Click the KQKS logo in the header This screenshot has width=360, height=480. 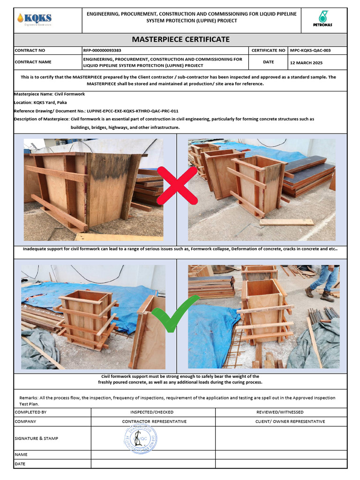tap(34, 19)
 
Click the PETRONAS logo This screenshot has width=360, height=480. tap(322, 20)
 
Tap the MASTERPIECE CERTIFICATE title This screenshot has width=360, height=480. tap(180, 39)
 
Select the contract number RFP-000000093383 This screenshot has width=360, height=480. tap(102, 50)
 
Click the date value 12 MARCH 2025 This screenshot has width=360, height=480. tap(307, 62)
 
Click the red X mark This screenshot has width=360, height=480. tap(177, 186)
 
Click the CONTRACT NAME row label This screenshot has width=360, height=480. tap(33, 62)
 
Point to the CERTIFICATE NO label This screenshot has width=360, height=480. tap(268, 50)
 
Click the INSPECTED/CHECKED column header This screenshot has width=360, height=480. tap(151, 412)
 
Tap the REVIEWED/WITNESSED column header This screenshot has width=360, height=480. tap(279, 412)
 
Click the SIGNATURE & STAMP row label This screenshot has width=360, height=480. tap(37, 438)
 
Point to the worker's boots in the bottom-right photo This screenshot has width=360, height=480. tap(319, 294)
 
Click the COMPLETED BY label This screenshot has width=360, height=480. tap(30, 412)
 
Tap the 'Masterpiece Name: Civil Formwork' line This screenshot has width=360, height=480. tap(50, 94)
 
